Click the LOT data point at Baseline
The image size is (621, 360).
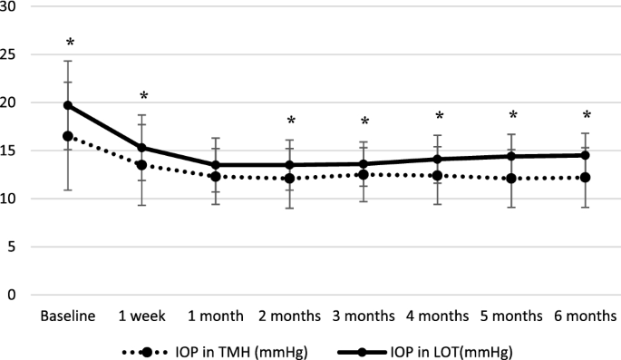67,105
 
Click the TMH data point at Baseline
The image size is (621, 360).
67,136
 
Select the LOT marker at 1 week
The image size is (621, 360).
141,148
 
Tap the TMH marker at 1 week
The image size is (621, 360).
141,165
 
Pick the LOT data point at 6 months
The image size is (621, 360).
587,155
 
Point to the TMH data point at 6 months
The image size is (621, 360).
587,178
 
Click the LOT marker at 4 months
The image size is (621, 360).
439,160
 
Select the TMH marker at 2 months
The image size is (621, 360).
290,179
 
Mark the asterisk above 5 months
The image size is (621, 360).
512,116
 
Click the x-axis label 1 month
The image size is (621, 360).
216,316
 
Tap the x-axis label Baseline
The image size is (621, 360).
67,316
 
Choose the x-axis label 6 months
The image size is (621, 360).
587,316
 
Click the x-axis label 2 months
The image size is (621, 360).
290,316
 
